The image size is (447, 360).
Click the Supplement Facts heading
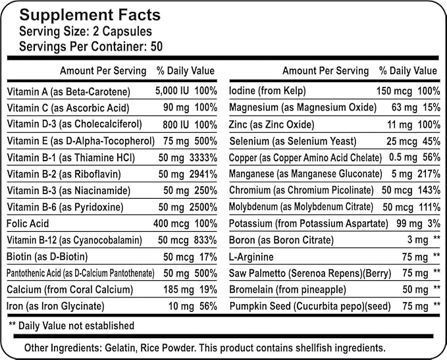(x=89, y=15)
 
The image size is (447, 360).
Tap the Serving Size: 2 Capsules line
(x=86, y=32)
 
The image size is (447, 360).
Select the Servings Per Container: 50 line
(x=90, y=47)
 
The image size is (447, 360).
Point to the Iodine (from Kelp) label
(x=267, y=91)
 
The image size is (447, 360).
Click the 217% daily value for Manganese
(x=428, y=174)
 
